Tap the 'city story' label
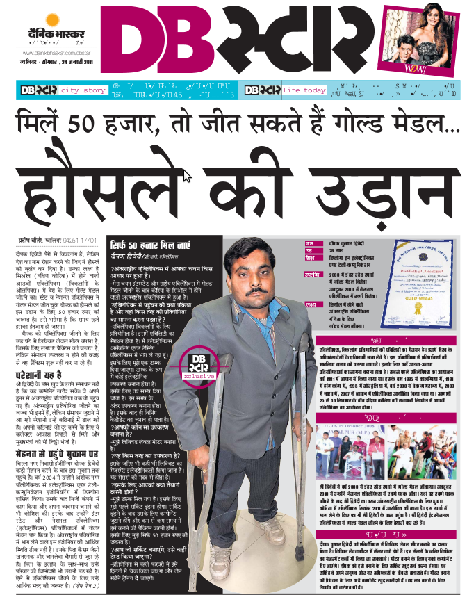tap(83, 90)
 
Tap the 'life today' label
tap(304, 90)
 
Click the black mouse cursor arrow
tap(186, 175)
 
